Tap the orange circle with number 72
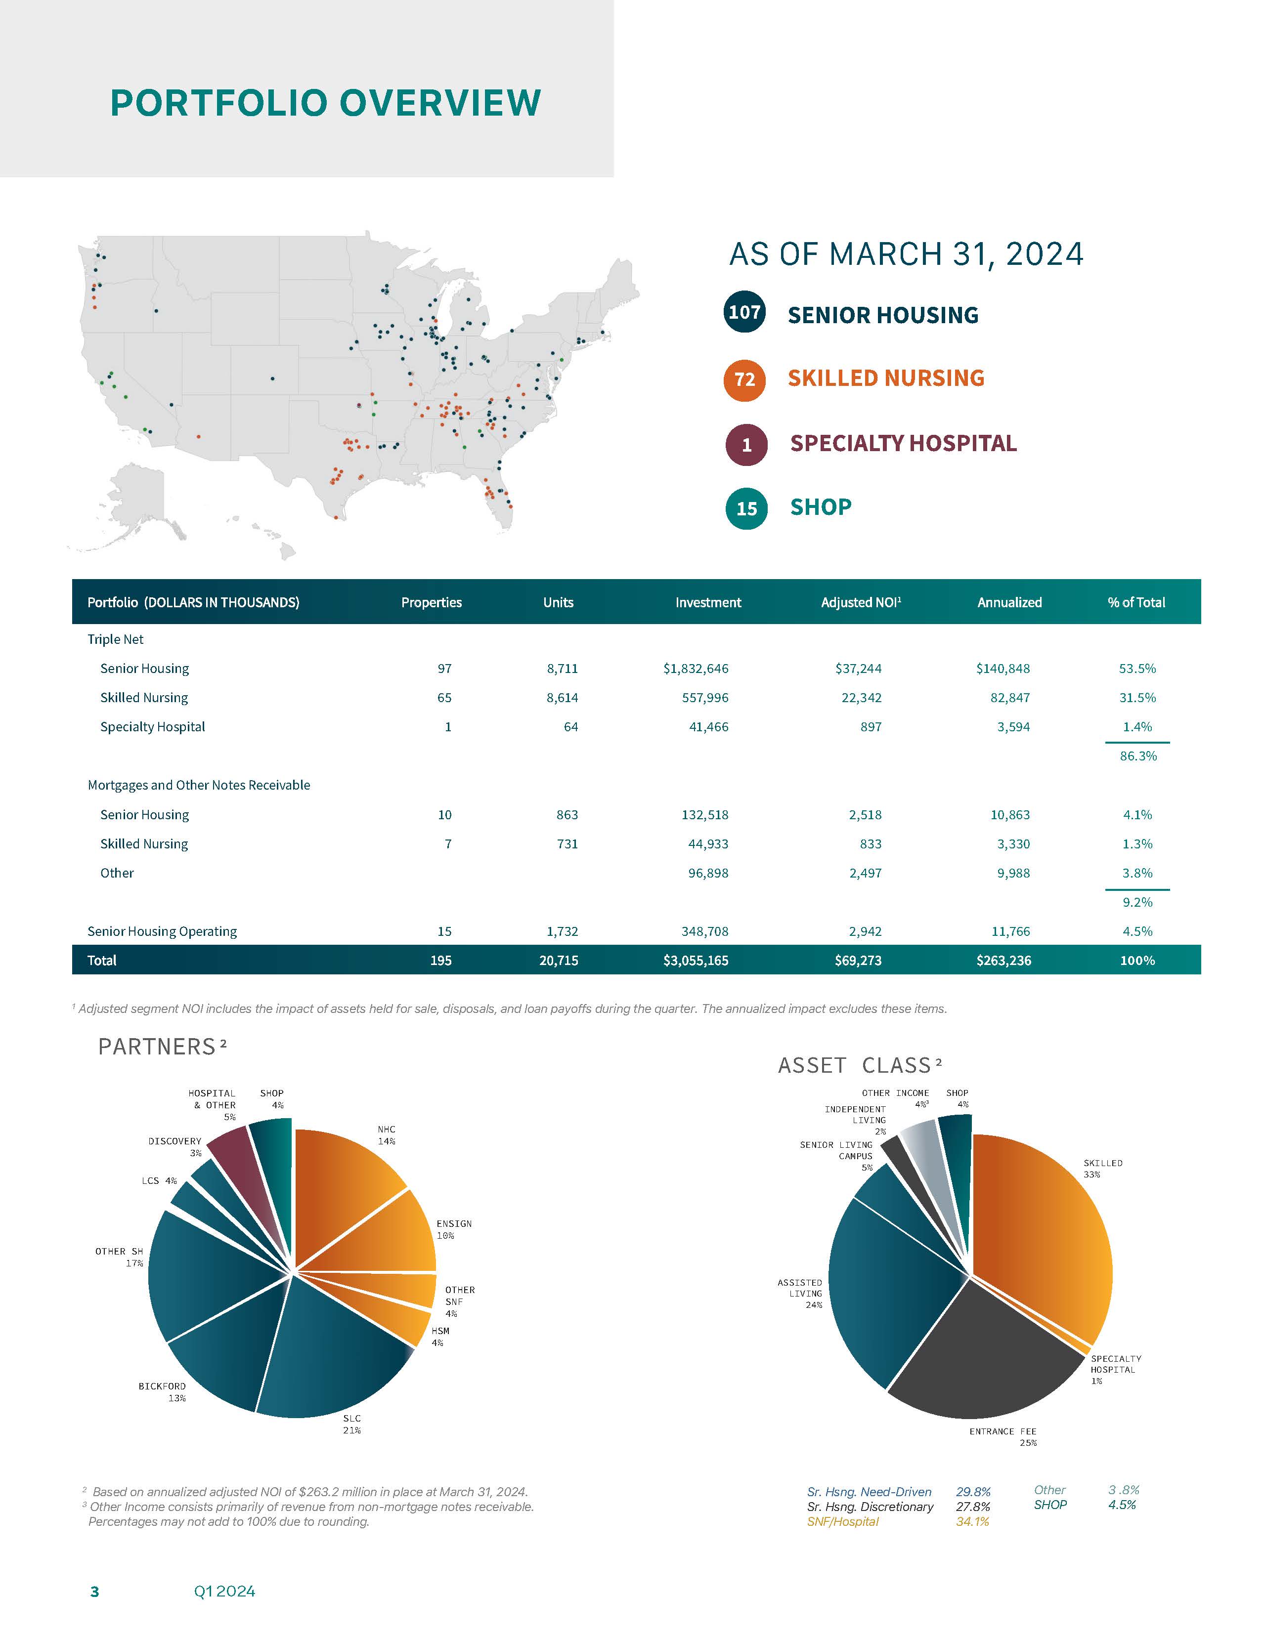pyautogui.click(x=744, y=380)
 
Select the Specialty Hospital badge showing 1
pyautogui.click(x=746, y=445)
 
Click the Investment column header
pyautogui.click(x=707, y=602)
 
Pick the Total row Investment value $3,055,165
pyautogui.click(x=696, y=961)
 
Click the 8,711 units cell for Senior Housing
pyautogui.click(x=562, y=668)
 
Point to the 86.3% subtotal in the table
pyautogui.click(x=1137, y=756)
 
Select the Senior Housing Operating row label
pyautogui.click(x=162, y=931)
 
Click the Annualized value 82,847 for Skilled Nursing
pyautogui.click(x=1009, y=697)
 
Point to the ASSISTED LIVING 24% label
pyautogui.click(x=800, y=1294)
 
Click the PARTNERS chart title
pyautogui.click(x=157, y=1047)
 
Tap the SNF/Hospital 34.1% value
pyautogui.click(x=972, y=1521)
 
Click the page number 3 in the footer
pyautogui.click(x=94, y=1591)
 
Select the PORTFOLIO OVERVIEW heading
pyautogui.click(x=325, y=103)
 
